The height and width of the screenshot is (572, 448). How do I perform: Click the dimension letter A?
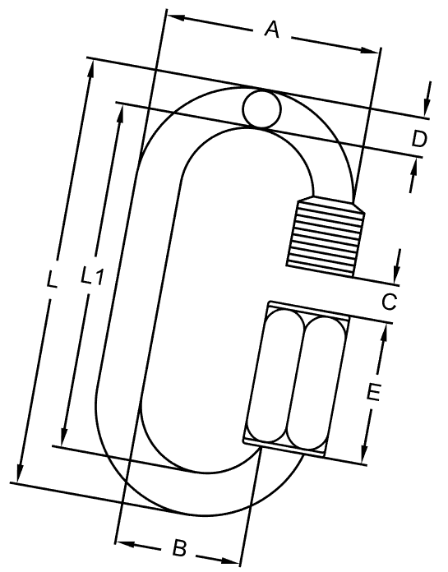tap(271, 31)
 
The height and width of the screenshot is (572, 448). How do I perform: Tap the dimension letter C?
tap(390, 302)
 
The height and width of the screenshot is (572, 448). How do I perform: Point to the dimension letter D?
tap(419, 140)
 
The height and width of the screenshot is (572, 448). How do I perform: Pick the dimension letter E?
tap(372, 394)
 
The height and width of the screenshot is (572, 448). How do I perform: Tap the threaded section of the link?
tap(326, 237)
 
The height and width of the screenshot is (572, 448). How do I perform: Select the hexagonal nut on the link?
tap(294, 378)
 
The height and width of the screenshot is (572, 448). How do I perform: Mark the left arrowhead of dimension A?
tap(172, 16)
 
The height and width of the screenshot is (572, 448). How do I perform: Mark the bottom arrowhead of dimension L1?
tap(63, 438)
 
